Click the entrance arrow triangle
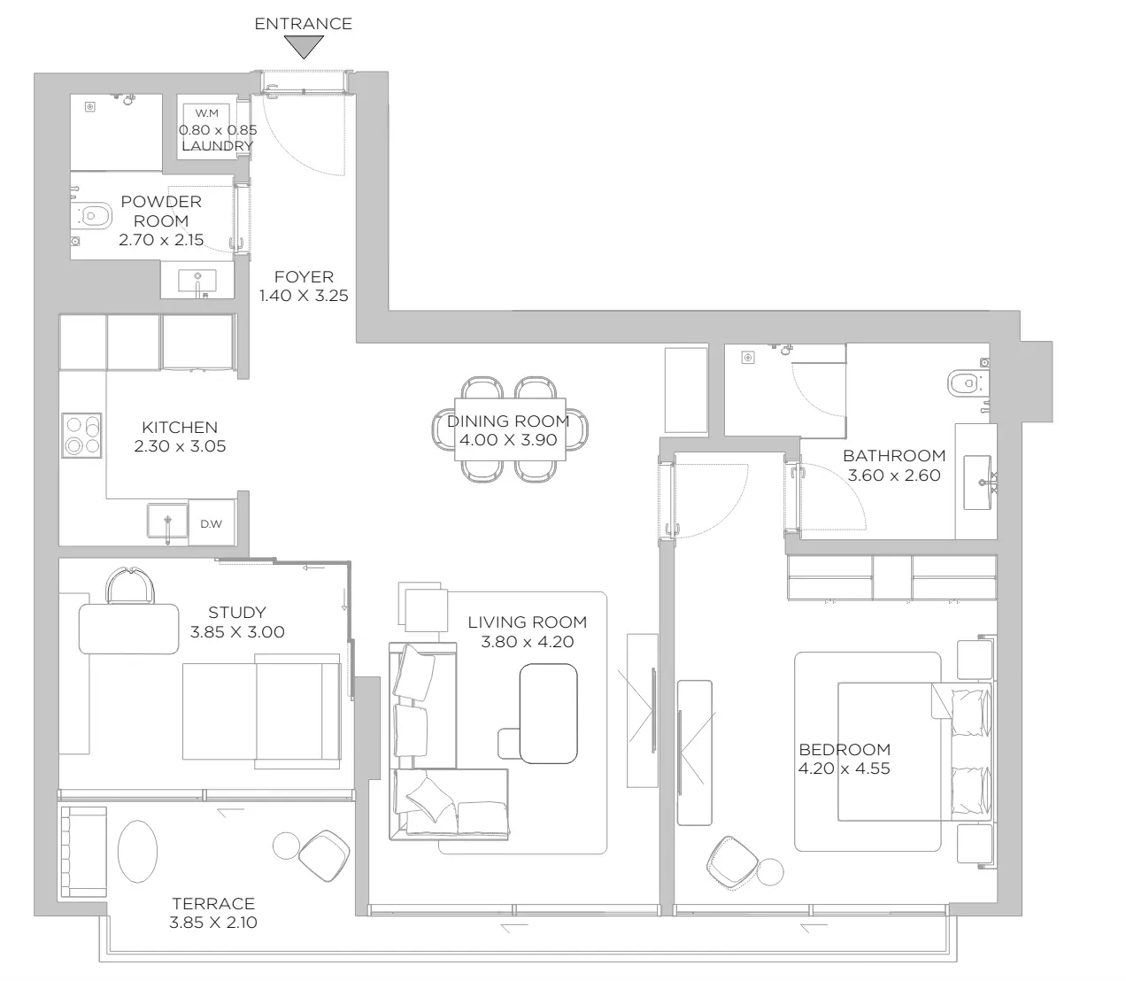coord(304,47)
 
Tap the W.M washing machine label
coord(207,113)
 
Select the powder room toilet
coord(92,215)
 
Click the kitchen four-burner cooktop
coord(81,435)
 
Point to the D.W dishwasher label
coord(212,523)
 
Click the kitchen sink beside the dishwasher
coord(168,521)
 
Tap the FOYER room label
coord(304,277)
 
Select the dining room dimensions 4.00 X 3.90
coord(508,440)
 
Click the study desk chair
coord(130,586)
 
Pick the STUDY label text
coord(237,612)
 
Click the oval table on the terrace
coord(137,851)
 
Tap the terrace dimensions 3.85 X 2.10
coord(213,922)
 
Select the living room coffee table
coord(548,714)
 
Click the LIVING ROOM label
coord(528,622)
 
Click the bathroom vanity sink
coord(978,483)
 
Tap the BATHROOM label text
coord(894,456)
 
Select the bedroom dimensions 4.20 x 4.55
coord(844,768)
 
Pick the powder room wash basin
coord(197,282)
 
